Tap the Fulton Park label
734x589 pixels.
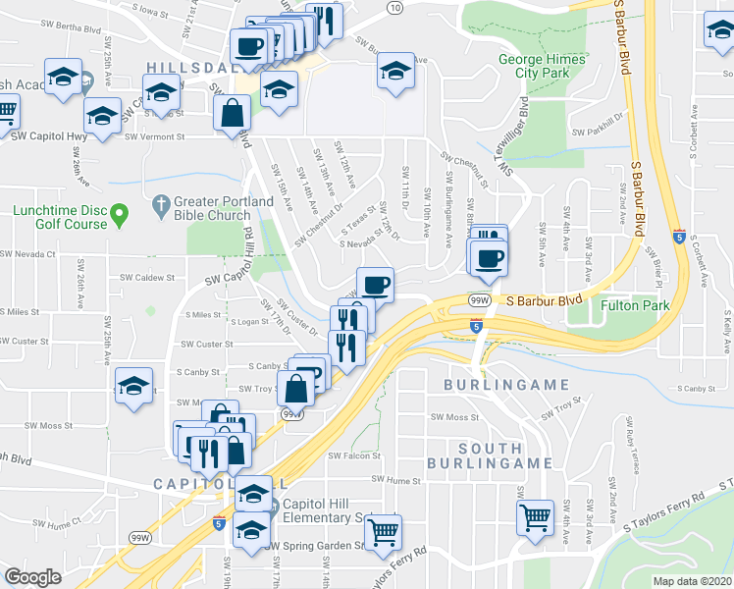(x=634, y=305)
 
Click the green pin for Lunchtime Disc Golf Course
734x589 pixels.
(x=120, y=212)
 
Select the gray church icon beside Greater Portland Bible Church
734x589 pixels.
(x=161, y=207)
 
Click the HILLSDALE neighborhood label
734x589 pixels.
(x=192, y=67)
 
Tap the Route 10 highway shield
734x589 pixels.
(x=393, y=8)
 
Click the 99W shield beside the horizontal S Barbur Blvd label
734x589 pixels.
(x=480, y=299)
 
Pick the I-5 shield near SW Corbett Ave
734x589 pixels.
(x=679, y=236)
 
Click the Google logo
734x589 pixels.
(x=33, y=577)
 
